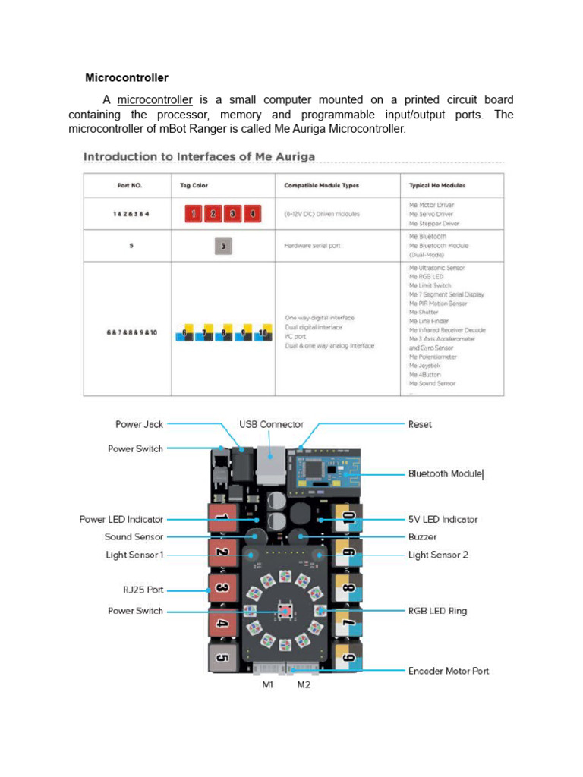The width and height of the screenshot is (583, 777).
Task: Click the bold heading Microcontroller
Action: coord(126,77)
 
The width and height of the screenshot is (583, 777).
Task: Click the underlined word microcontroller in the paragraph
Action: coord(154,100)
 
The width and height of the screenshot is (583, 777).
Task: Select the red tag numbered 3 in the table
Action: coord(233,214)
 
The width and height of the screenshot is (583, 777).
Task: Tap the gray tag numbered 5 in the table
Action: coord(222,246)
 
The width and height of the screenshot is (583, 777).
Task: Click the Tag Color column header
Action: coord(194,185)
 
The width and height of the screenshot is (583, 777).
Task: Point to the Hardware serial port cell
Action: coord(314,246)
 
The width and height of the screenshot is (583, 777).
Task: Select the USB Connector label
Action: coord(271,424)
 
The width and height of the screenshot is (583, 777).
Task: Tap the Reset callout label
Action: coord(420,424)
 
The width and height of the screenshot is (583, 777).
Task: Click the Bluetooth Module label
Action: coord(445,473)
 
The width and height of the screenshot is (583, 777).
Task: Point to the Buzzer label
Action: coord(422,537)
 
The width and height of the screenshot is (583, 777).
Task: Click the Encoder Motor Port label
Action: coord(448,671)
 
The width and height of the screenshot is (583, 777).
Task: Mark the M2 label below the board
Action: coord(304,684)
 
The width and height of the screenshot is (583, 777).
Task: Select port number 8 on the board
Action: coord(348,589)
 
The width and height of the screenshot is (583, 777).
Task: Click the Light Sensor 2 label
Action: coord(438,555)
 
